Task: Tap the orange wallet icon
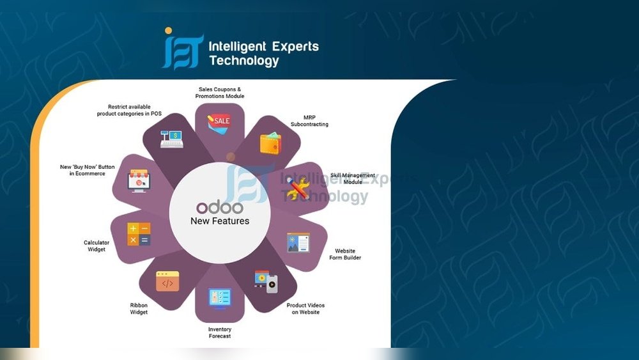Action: pyautogui.click(x=270, y=143)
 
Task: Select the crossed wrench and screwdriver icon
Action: pyautogui.click(x=298, y=189)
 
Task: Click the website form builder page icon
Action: pyautogui.click(x=298, y=242)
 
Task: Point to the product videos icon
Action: pyautogui.click(x=266, y=281)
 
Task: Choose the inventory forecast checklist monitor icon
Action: pyautogui.click(x=220, y=299)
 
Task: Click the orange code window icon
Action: pyautogui.click(x=167, y=281)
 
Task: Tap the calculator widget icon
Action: pyautogui.click(x=139, y=234)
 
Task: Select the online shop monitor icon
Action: pyautogui.click(x=139, y=180)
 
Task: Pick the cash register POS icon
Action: pyautogui.click(x=171, y=139)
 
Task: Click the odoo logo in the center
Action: pyautogui.click(x=220, y=208)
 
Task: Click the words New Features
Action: pyautogui.click(x=220, y=221)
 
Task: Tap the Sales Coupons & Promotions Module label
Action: pyautogui.click(x=220, y=93)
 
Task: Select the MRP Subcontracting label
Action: pyautogui.click(x=309, y=121)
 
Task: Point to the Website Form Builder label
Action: pyautogui.click(x=345, y=254)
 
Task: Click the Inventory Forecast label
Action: pyautogui.click(x=220, y=333)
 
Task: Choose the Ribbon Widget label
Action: pyautogui.click(x=139, y=309)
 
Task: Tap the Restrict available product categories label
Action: pyautogui.click(x=129, y=110)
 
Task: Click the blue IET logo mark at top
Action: pyautogui.click(x=183, y=48)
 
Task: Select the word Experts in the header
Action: pyautogui.click(x=295, y=47)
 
